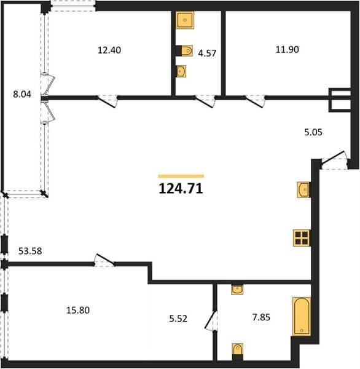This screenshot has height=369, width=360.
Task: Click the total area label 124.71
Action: click(181, 189)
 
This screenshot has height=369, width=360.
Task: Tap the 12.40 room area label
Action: click(109, 50)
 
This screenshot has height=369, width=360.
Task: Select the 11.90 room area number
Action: click(287, 50)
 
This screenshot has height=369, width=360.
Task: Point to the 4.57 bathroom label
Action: click(207, 53)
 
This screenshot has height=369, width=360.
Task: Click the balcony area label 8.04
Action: click(22, 94)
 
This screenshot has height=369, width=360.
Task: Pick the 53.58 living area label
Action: click(30, 251)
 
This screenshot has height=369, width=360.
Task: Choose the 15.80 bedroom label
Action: click(78, 310)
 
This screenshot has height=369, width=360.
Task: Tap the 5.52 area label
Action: click(178, 319)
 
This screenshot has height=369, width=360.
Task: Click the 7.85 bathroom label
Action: click(261, 317)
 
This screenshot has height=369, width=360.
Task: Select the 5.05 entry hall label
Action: click(313, 132)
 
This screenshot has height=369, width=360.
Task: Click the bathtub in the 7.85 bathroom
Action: click(302, 316)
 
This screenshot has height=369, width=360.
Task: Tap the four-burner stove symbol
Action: click(302, 238)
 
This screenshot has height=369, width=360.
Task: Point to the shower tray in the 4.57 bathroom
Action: click(185, 20)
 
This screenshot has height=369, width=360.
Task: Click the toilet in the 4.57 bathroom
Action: click(185, 50)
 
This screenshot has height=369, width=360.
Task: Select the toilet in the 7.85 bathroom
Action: click(238, 351)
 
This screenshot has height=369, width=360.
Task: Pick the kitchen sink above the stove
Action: click(303, 189)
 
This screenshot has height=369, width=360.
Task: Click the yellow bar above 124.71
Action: click(181, 176)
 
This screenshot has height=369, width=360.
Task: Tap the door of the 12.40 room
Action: click(107, 101)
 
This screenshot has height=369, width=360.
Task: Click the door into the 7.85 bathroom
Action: click(211, 320)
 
